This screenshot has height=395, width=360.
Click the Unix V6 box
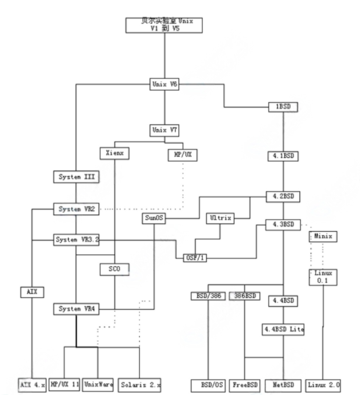pyautogui.click(x=164, y=85)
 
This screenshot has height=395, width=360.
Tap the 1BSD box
pyautogui.click(x=283, y=107)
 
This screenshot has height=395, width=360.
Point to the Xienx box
pyautogui.click(x=114, y=153)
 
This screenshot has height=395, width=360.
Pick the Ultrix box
pyautogui.click(x=220, y=218)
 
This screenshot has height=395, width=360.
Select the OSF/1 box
pyautogui.click(x=195, y=258)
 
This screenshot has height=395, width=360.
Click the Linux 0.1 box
pyautogui.click(x=323, y=276)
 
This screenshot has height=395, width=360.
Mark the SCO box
pyautogui.click(x=114, y=270)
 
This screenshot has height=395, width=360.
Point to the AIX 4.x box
pyautogui.click(x=32, y=385)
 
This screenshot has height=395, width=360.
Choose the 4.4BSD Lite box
pyautogui.click(x=283, y=329)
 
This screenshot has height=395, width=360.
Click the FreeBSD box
pyautogui.click(x=245, y=385)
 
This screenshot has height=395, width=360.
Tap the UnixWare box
pyautogui.click(x=98, y=385)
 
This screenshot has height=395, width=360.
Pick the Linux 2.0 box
pyautogui.click(x=323, y=385)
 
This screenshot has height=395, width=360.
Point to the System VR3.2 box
pyautogui.click(x=76, y=240)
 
